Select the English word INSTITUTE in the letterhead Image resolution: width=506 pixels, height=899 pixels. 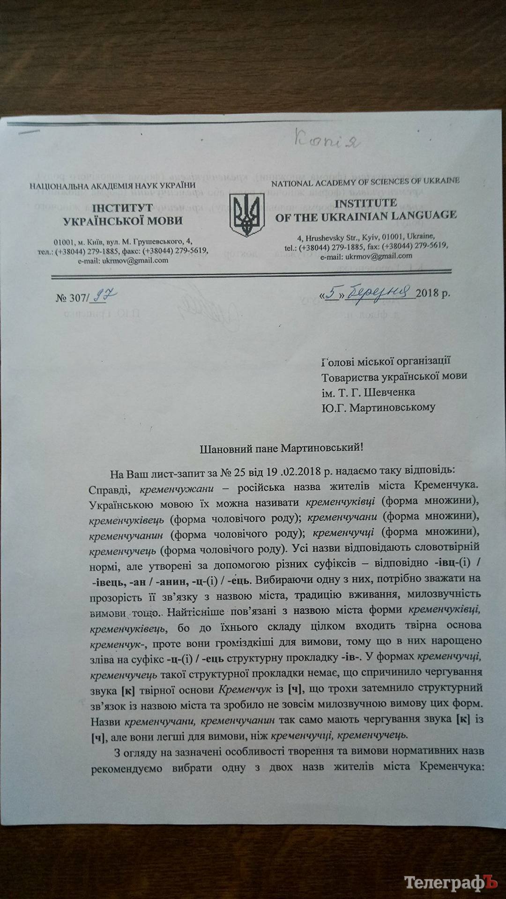click(x=366, y=203)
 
